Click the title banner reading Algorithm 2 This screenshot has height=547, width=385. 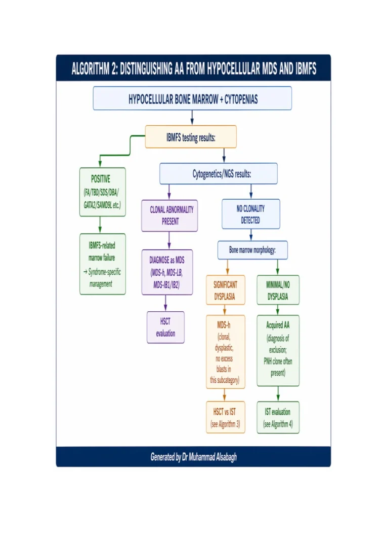(193, 69)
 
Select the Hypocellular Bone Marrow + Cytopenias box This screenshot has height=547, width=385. (192, 98)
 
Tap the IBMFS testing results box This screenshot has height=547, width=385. (191, 137)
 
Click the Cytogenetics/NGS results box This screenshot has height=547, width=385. (219, 173)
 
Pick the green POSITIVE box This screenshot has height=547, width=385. (102, 192)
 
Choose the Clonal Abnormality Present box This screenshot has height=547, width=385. (169, 215)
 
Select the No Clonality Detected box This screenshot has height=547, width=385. (250, 214)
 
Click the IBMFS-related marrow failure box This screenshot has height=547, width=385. (102, 264)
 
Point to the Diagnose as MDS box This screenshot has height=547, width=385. (167, 273)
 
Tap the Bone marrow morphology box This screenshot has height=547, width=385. (252, 250)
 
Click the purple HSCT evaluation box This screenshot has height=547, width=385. (165, 327)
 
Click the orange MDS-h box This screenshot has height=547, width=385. (225, 352)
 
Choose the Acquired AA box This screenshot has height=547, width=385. (278, 350)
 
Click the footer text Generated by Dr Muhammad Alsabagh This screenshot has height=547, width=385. (193, 457)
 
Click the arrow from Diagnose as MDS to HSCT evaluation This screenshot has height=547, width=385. (165, 303)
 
